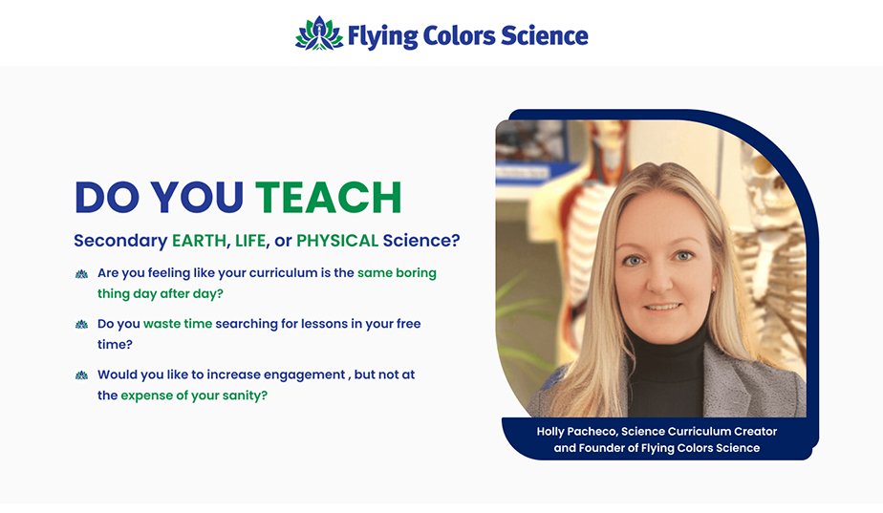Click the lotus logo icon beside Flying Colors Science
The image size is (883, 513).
pos(319,33)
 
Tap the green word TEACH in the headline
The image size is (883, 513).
pos(329,197)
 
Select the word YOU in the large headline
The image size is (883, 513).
pos(197,197)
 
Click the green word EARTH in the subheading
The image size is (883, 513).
pos(199,241)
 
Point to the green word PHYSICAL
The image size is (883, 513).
pos(337,241)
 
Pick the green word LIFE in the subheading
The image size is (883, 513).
pos(250,241)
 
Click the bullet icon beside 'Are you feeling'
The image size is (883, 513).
pos(81,274)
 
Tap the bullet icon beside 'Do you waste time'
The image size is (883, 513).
pos(81,325)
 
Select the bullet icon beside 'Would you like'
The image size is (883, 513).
pos(81,375)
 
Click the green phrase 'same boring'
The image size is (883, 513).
pos(397,273)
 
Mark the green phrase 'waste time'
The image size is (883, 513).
pos(178,324)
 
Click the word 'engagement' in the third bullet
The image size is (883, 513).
pos(305,375)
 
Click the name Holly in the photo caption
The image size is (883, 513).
pos(550,432)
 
